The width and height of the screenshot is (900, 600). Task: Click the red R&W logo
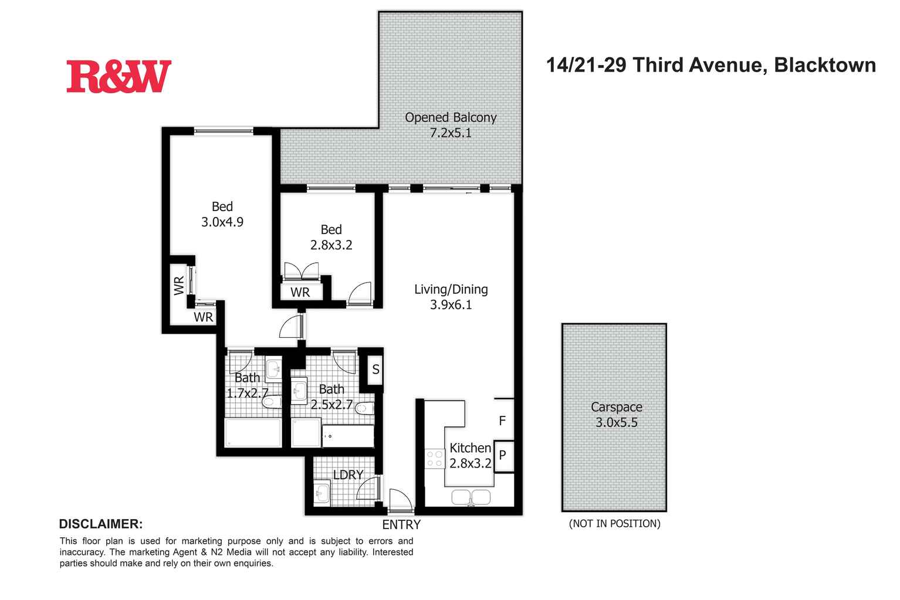(x=119, y=76)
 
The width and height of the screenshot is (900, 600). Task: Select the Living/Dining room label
(x=451, y=290)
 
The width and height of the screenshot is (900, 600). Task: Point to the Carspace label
(x=617, y=407)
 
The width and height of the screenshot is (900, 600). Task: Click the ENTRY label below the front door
(x=401, y=524)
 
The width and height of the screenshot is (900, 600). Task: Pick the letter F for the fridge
(x=502, y=421)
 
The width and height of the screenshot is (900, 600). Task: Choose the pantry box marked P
(x=503, y=456)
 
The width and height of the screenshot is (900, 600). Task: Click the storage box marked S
(x=375, y=369)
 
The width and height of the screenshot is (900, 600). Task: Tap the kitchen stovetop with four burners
(x=435, y=459)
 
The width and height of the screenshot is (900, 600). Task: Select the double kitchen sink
(x=471, y=497)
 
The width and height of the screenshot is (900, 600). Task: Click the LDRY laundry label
(x=348, y=474)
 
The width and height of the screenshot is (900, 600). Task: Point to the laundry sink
(x=322, y=491)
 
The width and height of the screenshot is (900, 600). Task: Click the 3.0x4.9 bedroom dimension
(x=222, y=222)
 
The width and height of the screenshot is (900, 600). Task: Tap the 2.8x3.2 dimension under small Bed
(x=331, y=245)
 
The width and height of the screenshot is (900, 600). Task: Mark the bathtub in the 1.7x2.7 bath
(x=253, y=432)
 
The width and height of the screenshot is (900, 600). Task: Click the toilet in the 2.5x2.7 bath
(x=364, y=408)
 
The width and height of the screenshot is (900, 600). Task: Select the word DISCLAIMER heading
(x=101, y=524)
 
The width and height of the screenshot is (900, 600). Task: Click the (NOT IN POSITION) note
(x=615, y=524)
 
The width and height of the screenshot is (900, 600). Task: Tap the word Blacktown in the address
(x=825, y=65)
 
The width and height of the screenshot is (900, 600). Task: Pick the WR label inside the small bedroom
(x=300, y=292)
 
